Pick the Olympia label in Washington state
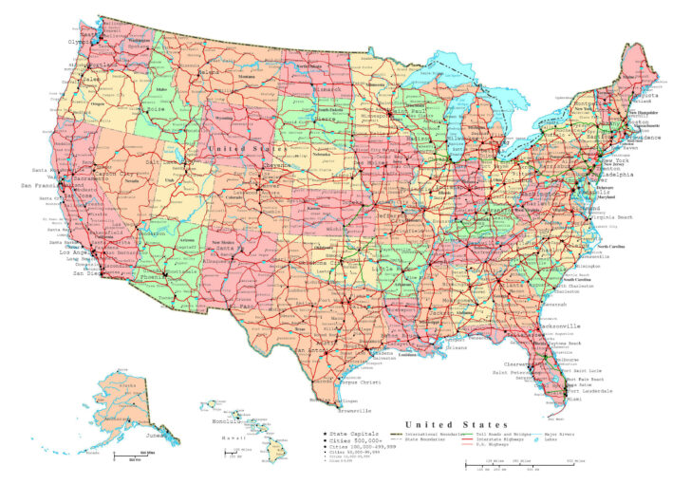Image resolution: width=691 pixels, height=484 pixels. coord(79,42)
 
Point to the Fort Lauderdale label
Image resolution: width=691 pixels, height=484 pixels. coord(591,390)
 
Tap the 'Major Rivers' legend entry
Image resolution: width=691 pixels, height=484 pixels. coord(559,434)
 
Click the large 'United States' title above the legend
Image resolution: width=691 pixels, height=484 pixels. coord(456,423)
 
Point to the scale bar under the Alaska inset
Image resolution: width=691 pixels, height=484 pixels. coord(128,456)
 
